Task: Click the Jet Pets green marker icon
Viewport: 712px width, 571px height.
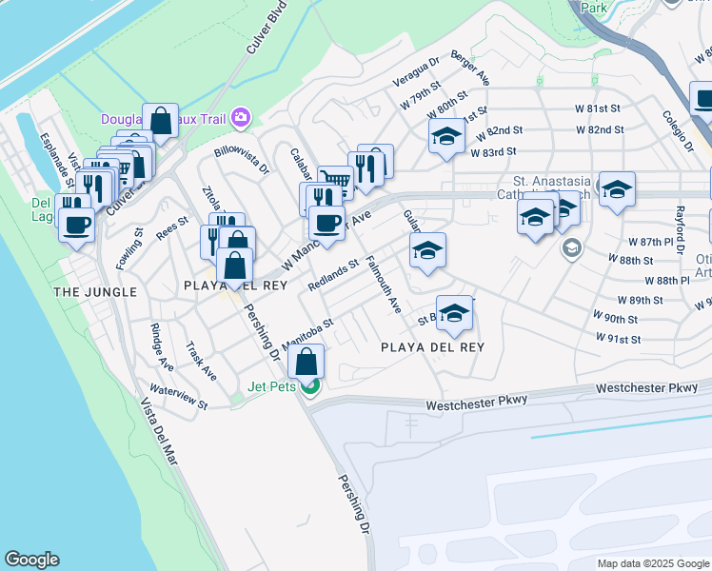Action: pos(309,385)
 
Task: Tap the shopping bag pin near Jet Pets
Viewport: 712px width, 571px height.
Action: pos(306,362)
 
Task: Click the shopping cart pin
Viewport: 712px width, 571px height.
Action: pos(334,178)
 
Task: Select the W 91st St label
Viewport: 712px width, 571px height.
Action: pos(618,338)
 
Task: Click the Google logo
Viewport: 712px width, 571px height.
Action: pos(31,560)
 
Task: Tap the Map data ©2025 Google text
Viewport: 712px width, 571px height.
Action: pos(652,563)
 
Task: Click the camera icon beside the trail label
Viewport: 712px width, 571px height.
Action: pos(241,117)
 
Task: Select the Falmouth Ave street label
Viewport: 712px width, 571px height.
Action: pos(383,285)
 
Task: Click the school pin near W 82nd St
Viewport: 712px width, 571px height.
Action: pos(445,136)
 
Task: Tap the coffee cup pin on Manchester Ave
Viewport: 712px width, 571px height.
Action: pos(326,224)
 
